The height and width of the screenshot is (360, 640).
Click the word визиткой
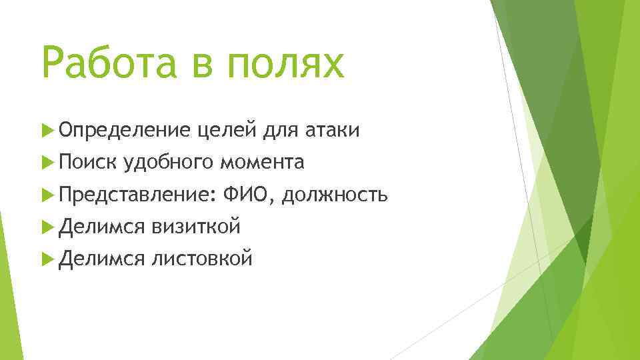196,227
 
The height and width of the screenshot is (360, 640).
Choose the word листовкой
202,258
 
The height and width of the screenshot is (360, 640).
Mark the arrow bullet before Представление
46,195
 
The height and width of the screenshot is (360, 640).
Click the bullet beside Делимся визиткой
46,227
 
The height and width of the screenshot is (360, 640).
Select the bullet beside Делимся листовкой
46,258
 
